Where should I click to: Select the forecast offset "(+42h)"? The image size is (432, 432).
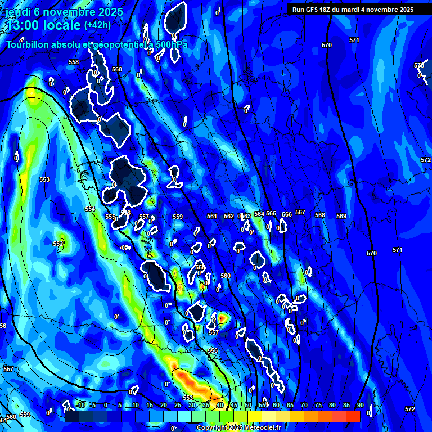[x=97, y=25]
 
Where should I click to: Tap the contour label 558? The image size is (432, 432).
[x=74, y=62]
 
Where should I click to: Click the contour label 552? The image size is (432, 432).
[x=58, y=244]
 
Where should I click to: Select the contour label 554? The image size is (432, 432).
[x=90, y=209]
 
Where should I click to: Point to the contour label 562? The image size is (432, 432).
[x=228, y=216]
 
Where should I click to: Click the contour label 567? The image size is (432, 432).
[x=300, y=212]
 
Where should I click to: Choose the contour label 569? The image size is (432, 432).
[x=341, y=216]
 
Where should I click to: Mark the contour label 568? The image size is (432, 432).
[x=320, y=215]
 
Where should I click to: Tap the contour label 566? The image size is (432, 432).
[x=287, y=214]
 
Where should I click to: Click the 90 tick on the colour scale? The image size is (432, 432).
[x=360, y=406]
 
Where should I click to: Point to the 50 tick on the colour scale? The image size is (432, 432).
[x=248, y=406]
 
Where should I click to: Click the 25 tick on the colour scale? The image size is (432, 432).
[x=178, y=406]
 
